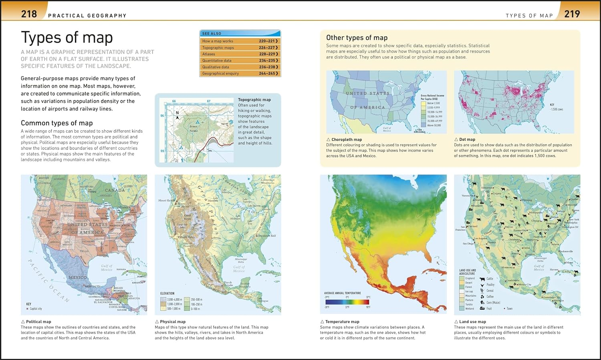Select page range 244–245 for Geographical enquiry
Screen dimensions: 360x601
point(268,73)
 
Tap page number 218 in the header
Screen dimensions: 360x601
point(29,14)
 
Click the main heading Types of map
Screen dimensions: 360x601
point(67,37)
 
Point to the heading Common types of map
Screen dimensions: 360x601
point(56,123)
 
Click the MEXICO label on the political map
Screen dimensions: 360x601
point(77,277)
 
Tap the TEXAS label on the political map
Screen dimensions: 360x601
point(84,251)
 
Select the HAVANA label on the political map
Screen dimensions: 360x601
point(121,269)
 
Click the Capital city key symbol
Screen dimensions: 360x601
point(27,309)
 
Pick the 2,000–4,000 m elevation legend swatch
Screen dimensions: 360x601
point(163,299)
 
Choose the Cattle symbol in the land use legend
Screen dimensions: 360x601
point(482,279)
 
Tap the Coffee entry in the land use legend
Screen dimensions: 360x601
point(490,297)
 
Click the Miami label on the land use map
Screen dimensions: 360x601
point(569,263)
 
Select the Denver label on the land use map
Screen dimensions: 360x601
point(509,227)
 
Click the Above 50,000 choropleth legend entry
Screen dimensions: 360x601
point(434,125)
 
